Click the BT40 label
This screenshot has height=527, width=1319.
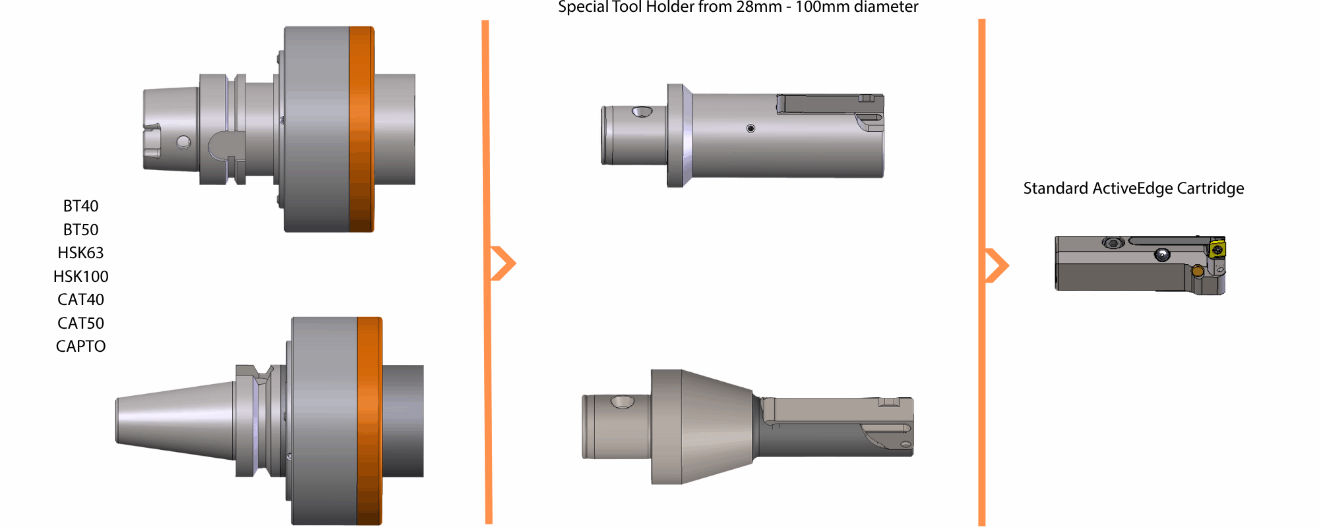(x=80, y=206)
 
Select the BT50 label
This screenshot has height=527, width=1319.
(x=80, y=230)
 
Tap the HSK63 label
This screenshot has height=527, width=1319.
(x=80, y=253)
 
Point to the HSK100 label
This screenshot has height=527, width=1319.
(x=80, y=277)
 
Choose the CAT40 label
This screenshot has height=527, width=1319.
(x=80, y=300)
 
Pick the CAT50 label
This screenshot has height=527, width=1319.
(x=80, y=323)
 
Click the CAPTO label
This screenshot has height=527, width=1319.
(x=80, y=347)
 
